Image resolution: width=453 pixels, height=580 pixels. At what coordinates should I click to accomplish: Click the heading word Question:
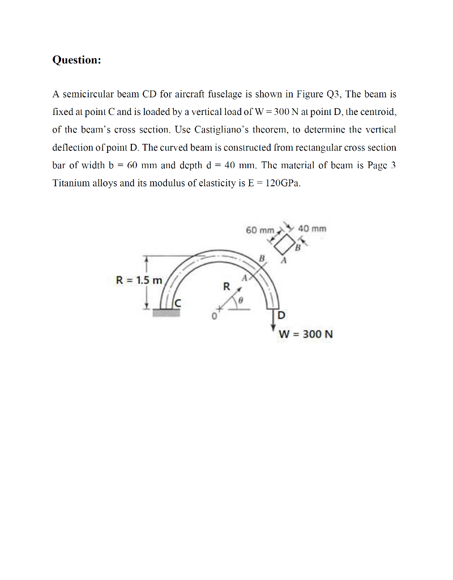76,60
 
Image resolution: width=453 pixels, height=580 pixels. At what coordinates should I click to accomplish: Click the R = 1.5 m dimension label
139,280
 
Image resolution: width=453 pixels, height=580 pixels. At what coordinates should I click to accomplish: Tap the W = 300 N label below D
306,334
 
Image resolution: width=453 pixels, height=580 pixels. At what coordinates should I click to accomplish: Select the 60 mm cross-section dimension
260,230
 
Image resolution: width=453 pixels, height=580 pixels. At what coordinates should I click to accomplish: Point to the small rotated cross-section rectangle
285,244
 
